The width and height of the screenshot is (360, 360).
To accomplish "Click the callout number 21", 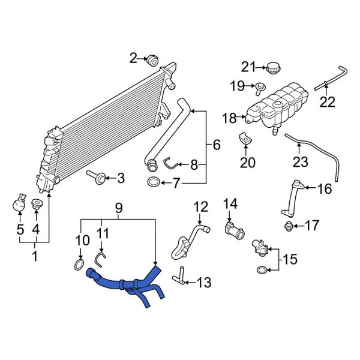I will pos(248,66).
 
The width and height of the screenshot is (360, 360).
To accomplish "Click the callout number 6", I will pos(216,145).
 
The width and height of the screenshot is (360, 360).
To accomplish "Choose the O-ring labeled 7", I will pos(154,182).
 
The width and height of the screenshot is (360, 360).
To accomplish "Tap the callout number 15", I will pos(290,261).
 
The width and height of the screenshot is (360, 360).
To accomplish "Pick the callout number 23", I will pos(300,162).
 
